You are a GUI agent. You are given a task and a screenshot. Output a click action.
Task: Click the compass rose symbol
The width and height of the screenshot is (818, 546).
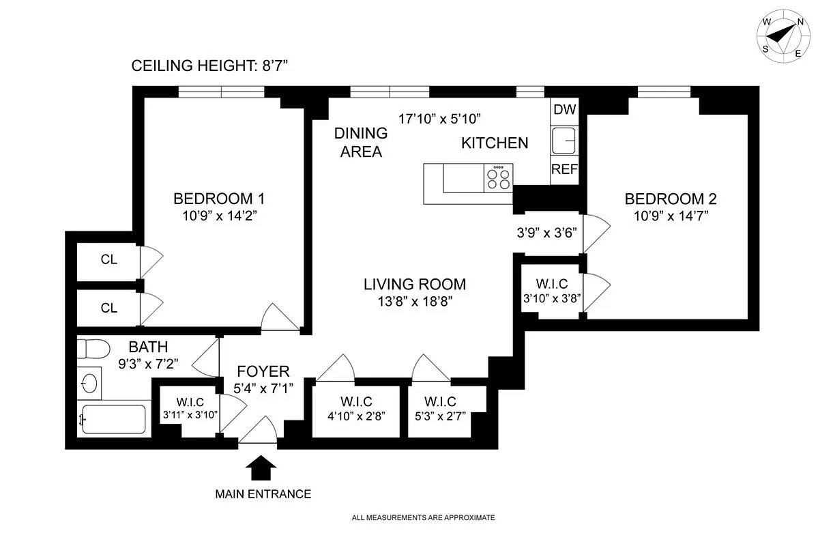pos(783,37)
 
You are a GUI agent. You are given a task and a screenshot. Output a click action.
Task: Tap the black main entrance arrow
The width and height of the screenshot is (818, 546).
pos(260,470)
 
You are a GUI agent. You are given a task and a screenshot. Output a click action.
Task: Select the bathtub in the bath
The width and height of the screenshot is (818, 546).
pos(113,418)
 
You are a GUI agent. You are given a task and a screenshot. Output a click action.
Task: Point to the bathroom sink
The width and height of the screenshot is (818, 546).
pos(89,383)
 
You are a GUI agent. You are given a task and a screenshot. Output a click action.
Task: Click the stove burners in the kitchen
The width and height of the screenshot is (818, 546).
pos(499,178)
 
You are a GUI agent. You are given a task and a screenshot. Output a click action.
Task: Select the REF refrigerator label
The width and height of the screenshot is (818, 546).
pos(564,170)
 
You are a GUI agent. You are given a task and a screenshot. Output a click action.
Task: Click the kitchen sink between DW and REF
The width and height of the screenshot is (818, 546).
pos(564,141)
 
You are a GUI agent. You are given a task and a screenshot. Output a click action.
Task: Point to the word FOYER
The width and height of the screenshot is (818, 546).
pos(263,372)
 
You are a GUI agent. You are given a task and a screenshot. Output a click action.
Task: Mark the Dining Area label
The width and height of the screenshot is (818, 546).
pos(362,143)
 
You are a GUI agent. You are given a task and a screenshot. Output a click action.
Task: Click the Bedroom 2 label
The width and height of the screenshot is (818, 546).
pos(671,199)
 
